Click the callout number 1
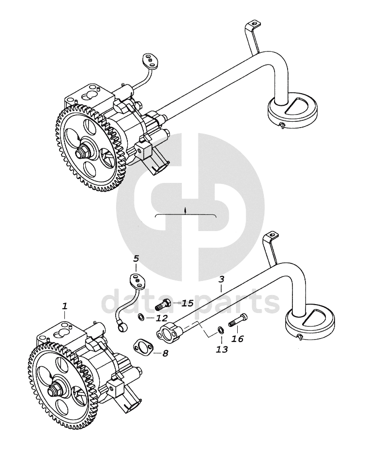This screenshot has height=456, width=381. pyautogui.click(x=65, y=306)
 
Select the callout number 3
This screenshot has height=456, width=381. pyautogui.click(x=221, y=279)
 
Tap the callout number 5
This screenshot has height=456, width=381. pyautogui.click(x=136, y=258)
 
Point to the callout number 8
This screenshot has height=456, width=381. pyautogui.click(x=166, y=354)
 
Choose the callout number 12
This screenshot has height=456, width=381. pyautogui.click(x=161, y=318)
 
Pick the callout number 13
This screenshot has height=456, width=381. pyautogui.click(x=222, y=349)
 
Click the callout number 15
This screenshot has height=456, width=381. pyautogui.click(x=187, y=303)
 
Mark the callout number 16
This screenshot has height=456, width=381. pyautogui.click(x=238, y=339)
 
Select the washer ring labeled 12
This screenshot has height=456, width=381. pyautogui.click(x=141, y=317)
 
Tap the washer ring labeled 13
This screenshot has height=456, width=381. pyautogui.click(x=221, y=330)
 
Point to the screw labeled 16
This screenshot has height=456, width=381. pyautogui.click(x=238, y=321)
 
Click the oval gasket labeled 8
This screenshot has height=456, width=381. pyautogui.click(x=143, y=346)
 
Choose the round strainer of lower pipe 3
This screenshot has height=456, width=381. pyautogui.click(x=310, y=324)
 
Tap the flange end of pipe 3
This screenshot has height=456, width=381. pyautogui.click(x=168, y=331)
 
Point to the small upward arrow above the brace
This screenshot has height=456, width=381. pyautogui.click(x=186, y=211)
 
